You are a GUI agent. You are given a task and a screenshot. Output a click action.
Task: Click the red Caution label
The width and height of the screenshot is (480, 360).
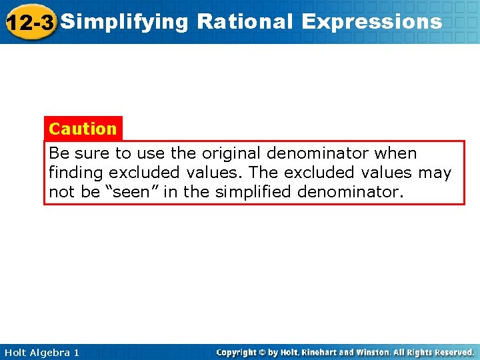coord(83,128)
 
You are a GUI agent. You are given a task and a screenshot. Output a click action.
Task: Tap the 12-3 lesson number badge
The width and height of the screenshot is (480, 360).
coord(29,23)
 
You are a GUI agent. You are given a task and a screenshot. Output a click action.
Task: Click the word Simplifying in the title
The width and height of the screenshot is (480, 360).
coord(125,22)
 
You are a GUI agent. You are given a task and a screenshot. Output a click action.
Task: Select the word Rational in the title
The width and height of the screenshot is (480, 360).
coord(245,22)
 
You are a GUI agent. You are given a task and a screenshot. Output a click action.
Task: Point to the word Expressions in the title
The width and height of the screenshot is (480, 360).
coord(371,22)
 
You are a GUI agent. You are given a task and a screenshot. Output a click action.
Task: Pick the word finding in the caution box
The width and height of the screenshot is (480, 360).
coord(76,173)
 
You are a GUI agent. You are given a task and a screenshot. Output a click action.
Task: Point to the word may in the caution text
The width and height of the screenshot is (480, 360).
coord(435,173)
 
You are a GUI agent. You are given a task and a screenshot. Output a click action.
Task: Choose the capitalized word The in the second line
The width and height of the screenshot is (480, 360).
coord(264,173)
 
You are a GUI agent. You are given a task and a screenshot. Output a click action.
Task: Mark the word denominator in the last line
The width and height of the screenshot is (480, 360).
coord(355,192)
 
